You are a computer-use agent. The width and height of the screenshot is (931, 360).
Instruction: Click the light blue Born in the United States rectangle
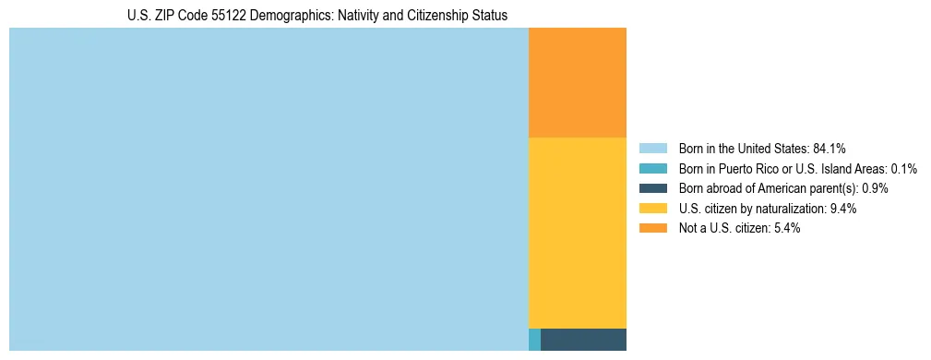pyautogui.click(x=268, y=189)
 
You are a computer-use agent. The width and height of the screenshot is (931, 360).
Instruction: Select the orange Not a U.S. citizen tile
pyautogui.click(x=577, y=82)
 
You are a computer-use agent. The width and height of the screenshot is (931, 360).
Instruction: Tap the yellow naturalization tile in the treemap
pyautogui.click(x=577, y=233)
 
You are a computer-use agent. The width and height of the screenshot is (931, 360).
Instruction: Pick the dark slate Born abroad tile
pyautogui.click(x=583, y=340)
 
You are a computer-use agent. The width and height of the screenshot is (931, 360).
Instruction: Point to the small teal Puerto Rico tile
pyautogui.click(x=534, y=340)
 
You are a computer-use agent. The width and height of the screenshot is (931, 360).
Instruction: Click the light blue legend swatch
pyautogui.click(x=652, y=148)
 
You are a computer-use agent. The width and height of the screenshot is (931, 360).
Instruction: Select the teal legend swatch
pyautogui.click(x=652, y=168)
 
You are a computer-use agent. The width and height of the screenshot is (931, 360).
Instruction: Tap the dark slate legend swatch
pyautogui.click(x=652, y=188)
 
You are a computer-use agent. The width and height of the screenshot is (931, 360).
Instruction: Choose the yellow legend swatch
pyautogui.click(x=652, y=209)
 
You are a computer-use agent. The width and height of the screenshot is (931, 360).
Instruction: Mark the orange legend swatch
pyautogui.click(x=652, y=228)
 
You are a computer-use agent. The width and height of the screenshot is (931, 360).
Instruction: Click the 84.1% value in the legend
pyautogui.click(x=830, y=148)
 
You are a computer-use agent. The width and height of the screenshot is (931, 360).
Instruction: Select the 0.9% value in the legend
pyautogui.click(x=875, y=188)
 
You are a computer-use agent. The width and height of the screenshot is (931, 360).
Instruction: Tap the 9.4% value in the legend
pyautogui.click(x=843, y=209)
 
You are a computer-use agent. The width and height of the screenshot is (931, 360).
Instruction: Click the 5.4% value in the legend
pyautogui.click(x=786, y=228)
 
